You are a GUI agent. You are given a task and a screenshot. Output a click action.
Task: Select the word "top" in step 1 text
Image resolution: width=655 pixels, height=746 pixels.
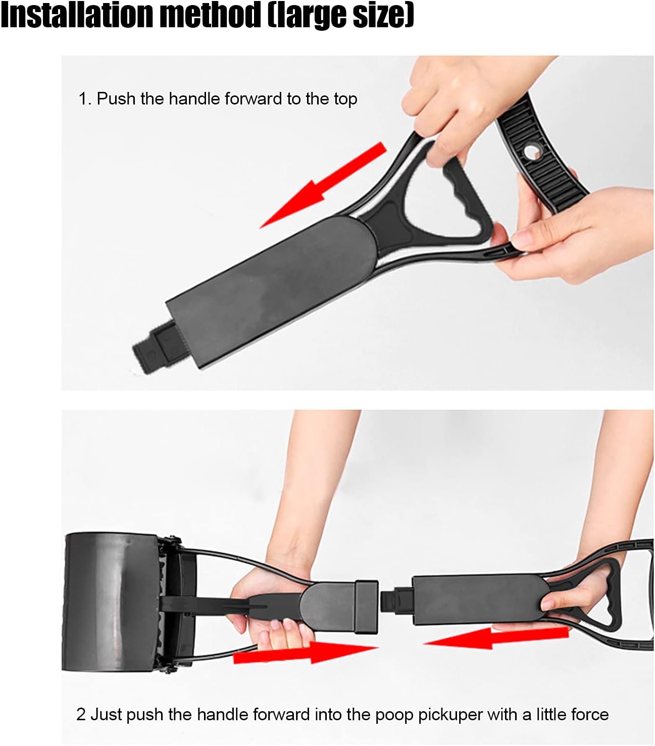pos(345,99)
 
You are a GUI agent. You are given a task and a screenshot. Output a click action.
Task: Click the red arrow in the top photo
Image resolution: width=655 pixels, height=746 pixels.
pos(323,184)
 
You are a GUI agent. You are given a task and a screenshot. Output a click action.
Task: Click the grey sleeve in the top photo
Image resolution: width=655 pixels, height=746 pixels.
pos(273,283)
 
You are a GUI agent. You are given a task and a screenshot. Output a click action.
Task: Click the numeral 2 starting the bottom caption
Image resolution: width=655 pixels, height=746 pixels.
pos(81,715)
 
